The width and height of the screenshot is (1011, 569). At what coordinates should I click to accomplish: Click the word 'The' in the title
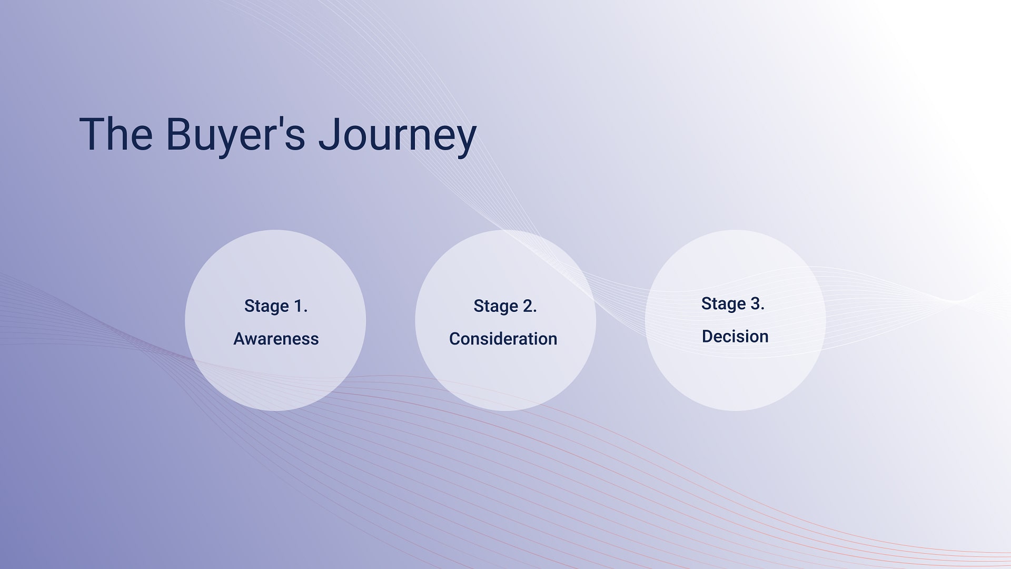116,134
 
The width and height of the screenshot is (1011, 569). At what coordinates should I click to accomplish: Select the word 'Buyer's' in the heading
235,136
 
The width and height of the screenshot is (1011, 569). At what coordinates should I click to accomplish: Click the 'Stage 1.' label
276,306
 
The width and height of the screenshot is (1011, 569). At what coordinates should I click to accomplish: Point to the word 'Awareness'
276,339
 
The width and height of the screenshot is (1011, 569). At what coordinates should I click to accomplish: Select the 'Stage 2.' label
505,306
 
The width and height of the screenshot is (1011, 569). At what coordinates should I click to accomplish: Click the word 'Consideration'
503,339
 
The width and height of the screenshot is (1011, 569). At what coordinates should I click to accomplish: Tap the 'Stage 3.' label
732,304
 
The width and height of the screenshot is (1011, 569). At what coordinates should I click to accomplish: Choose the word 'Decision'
735,336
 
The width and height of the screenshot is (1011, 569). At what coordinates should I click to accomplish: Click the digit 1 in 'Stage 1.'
298,306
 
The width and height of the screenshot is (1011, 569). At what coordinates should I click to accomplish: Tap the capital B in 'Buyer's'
179,134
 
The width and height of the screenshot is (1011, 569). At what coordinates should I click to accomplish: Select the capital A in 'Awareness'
240,339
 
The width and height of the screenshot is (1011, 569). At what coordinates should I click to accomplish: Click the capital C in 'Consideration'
455,339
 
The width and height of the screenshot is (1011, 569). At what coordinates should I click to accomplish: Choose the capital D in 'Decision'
708,336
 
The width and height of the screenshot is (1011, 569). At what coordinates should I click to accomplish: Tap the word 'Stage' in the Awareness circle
266,307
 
